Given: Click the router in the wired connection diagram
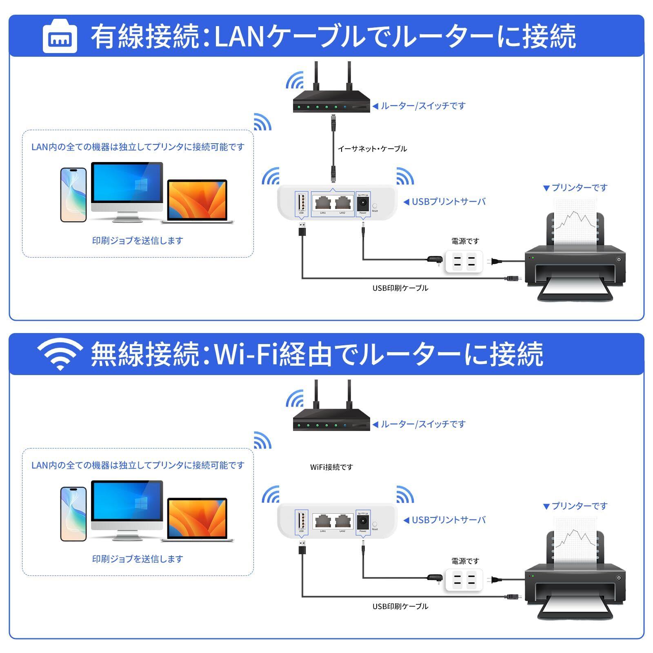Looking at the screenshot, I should (331, 100).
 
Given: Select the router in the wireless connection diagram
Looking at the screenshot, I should (331, 418).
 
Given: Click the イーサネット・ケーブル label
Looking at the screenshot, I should (372, 149).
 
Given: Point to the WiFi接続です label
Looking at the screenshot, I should (331, 467).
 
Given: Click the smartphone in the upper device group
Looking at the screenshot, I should (73, 195).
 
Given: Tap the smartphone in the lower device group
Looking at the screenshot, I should (73, 513).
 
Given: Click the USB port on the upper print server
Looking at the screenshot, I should (301, 202).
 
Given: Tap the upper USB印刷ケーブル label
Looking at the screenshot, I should (400, 288).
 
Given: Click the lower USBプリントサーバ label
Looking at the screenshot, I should (448, 520).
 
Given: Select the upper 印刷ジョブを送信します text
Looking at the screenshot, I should (138, 241).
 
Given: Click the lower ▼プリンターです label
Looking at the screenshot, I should (575, 506).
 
